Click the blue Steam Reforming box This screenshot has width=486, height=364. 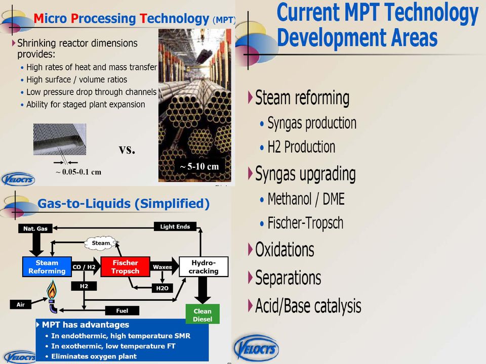click(47, 266)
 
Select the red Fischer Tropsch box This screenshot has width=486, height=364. click(125, 266)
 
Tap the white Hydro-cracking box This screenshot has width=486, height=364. click(204, 266)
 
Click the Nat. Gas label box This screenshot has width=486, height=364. click(35, 229)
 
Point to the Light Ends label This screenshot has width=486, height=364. click(175, 226)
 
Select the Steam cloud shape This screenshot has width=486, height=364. click(101, 243)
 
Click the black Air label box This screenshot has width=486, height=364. click(20, 304)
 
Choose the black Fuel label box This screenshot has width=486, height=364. click(122, 310)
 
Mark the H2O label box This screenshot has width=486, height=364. click(163, 288)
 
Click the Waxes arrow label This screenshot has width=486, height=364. click(162, 267)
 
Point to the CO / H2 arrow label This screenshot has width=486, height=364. click(84, 267)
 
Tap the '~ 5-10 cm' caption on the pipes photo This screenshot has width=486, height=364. click(199, 166)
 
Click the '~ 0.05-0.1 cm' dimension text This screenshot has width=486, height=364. click(79, 172)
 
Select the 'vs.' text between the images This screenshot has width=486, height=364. click(127, 150)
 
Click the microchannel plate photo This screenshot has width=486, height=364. click(60, 140)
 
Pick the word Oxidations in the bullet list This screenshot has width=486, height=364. click(285, 249)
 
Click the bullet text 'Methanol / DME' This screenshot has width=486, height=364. click(306, 199)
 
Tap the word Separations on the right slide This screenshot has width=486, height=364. click(288, 278)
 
